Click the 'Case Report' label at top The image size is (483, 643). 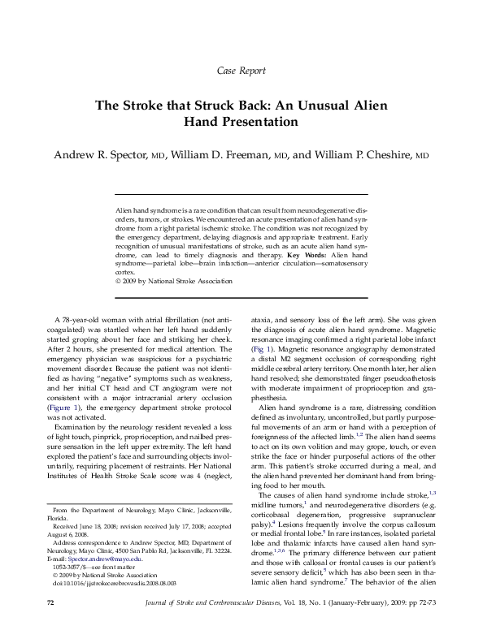click(x=241, y=71)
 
